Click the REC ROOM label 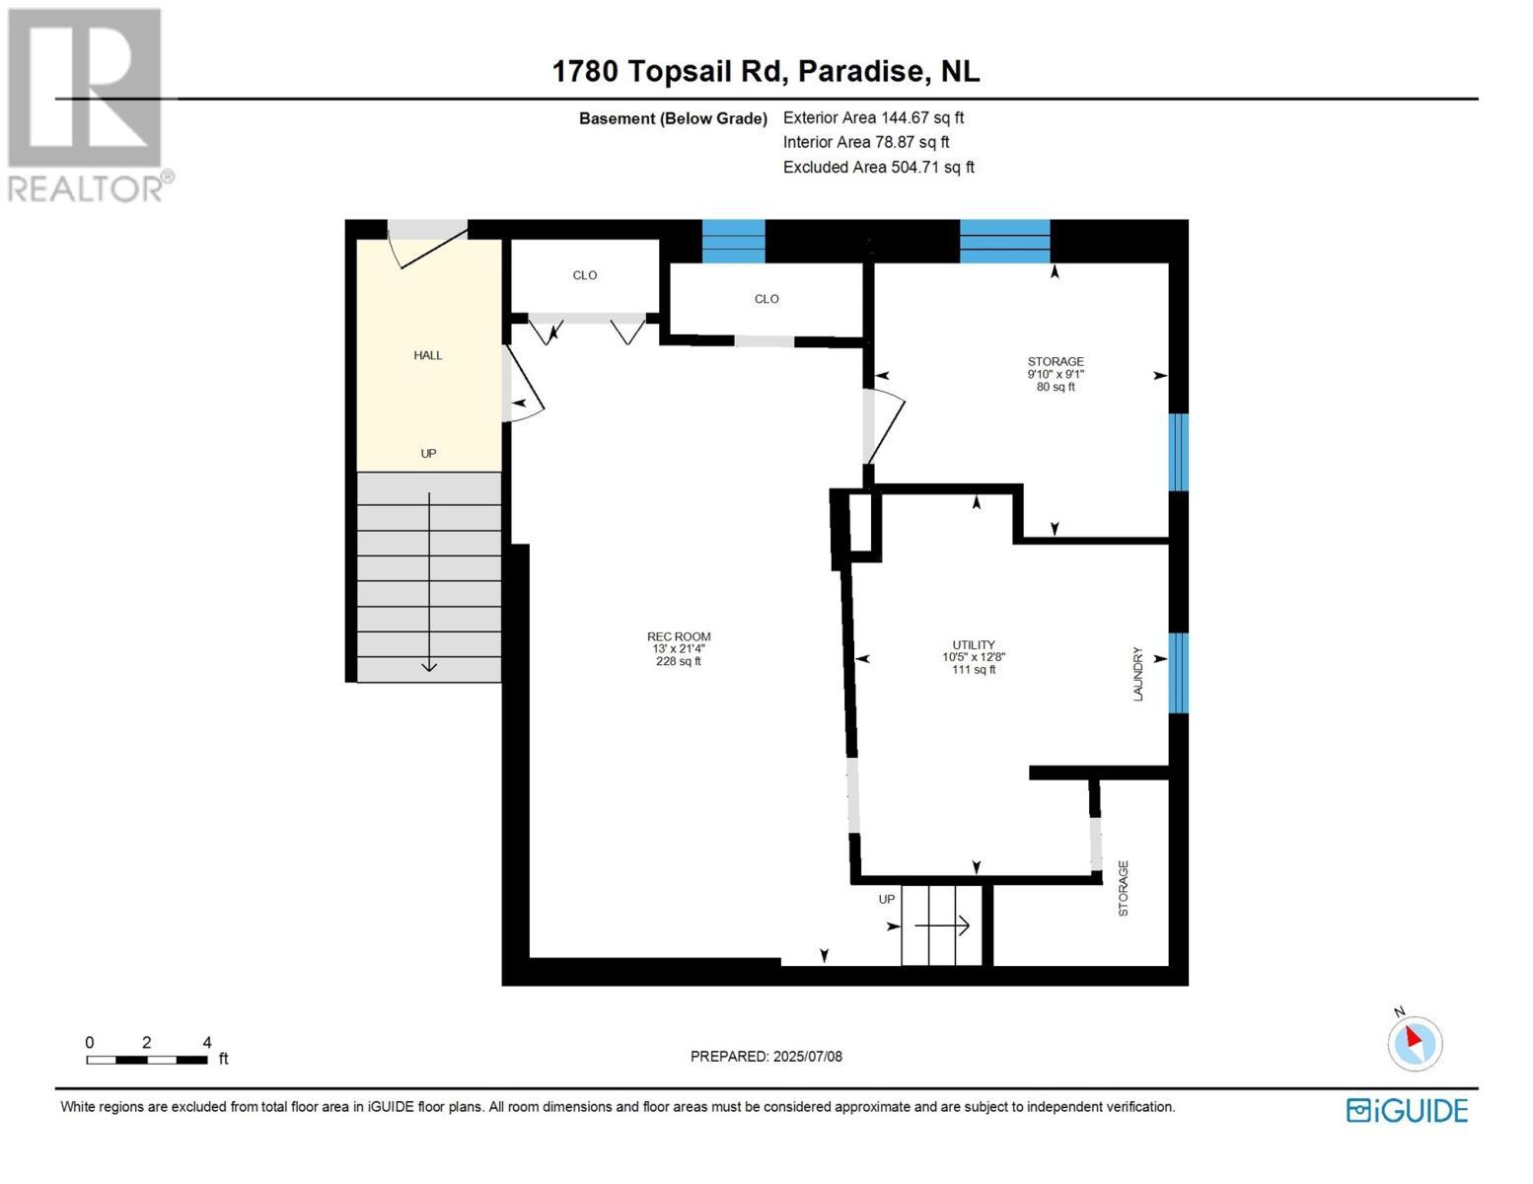click(x=679, y=648)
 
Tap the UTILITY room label click(x=973, y=656)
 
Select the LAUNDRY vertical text click(x=1137, y=674)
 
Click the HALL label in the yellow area click(x=428, y=355)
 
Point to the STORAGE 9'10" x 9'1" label click(x=1056, y=374)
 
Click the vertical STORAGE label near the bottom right click(x=1123, y=888)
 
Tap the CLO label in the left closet click(x=585, y=275)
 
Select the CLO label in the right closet click(x=766, y=299)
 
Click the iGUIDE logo click(x=1407, y=1110)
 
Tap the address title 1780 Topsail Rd click(x=766, y=71)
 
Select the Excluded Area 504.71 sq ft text click(x=878, y=168)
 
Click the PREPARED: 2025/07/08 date click(x=766, y=1056)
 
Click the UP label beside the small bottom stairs click(x=887, y=899)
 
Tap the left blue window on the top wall click(x=733, y=241)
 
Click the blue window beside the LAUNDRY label click(x=1178, y=672)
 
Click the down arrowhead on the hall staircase click(x=429, y=667)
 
